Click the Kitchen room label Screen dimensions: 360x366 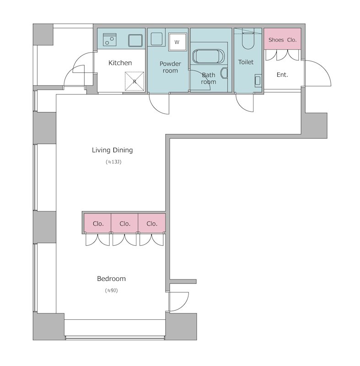[120, 63]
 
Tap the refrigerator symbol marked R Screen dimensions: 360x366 [134, 81]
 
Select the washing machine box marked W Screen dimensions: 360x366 [177, 42]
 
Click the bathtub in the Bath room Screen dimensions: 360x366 [208, 56]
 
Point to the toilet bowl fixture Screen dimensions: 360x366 [247, 39]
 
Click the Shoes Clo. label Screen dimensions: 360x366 [282, 40]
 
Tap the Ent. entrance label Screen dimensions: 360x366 [282, 75]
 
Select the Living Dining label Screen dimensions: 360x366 [112, 150]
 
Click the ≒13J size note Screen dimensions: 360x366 [113, 162]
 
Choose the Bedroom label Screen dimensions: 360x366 [111, 279]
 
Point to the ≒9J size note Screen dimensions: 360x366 [111, 291]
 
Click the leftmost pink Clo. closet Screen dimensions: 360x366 [97, 223]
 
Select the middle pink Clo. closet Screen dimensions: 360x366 [124, 223]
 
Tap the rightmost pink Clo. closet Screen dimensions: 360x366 [152, 223]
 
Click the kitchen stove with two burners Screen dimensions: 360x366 [110, 40]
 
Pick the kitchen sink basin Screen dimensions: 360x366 [135, 41]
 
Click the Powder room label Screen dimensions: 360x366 [170, 67]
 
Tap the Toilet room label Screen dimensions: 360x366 [246, 62]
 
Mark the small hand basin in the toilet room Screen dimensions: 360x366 [258, 81]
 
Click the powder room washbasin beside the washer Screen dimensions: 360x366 [156, 39]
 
